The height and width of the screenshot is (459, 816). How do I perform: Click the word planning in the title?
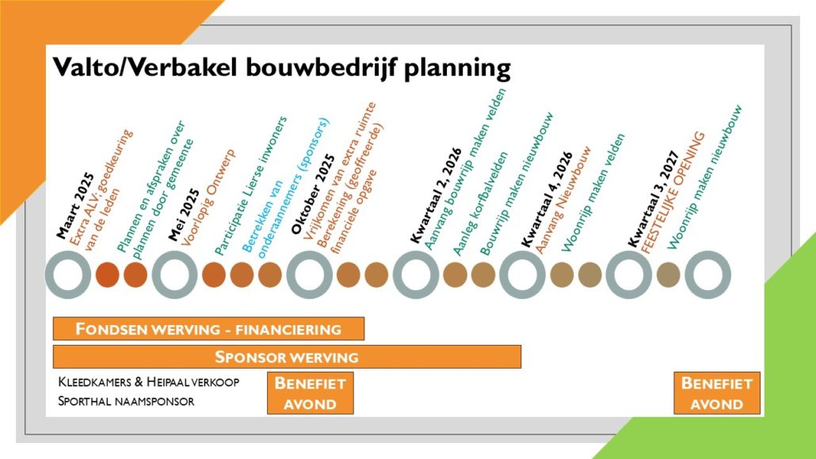(x=457, y=68)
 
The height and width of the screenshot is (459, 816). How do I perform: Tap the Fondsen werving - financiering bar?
(x=208, y=329)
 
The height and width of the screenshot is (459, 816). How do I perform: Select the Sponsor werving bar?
(x=287, y=357)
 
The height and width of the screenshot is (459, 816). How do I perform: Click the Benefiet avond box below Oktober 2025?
(x=311, y=393)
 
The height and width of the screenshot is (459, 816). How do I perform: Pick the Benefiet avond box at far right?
(x=717, y=393)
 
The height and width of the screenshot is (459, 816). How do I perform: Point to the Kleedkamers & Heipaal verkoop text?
(x=149, y=382)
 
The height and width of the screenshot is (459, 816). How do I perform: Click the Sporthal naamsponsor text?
(x=126, y=401)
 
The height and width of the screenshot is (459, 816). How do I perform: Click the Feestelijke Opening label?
(x=673, y=193)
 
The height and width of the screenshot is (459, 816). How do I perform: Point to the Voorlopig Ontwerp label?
(x=208, y=197)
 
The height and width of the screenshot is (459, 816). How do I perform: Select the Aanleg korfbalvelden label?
(x=480, y=205)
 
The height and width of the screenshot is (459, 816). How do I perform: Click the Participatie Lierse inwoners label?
(x=251, y=186)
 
